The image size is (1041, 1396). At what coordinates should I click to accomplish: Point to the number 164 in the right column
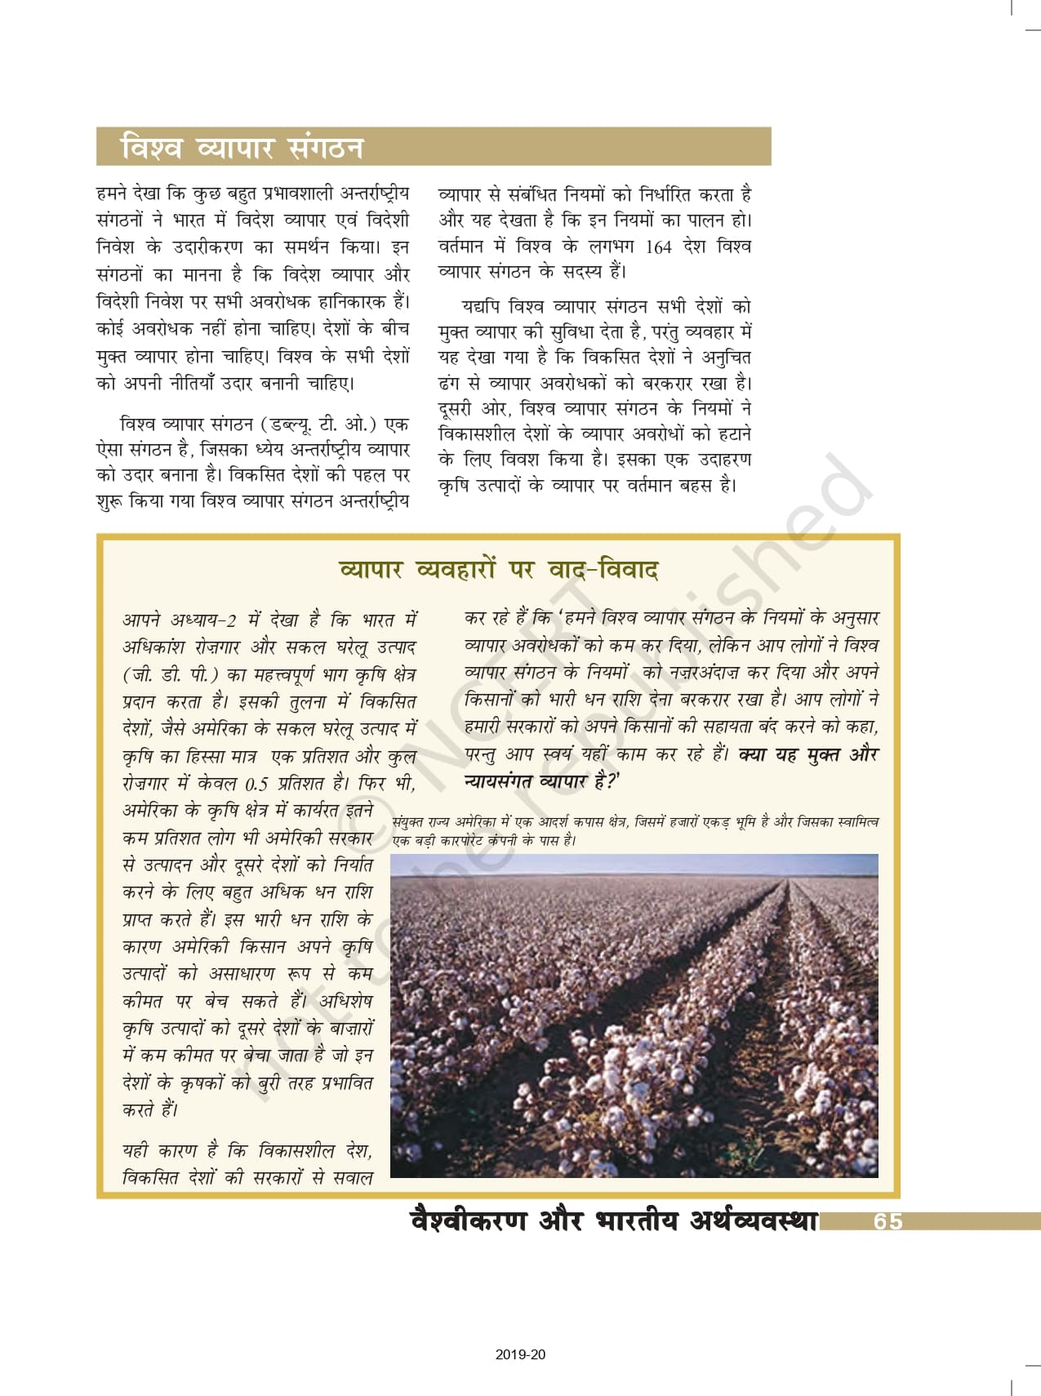point(658,247)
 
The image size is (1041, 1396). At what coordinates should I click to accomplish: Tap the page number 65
point(888,1220)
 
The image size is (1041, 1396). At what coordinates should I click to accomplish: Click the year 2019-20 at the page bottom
point(520,1354)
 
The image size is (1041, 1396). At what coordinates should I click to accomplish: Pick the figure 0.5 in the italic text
point(256,784)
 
